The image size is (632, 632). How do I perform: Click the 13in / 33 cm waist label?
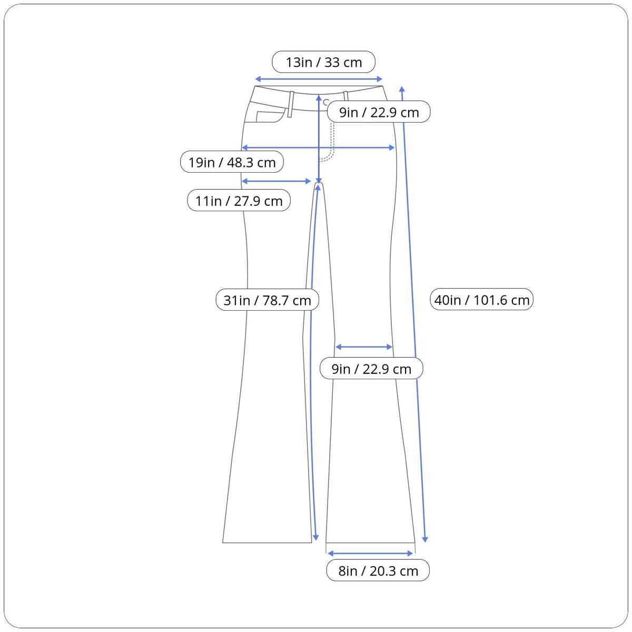[323, 62]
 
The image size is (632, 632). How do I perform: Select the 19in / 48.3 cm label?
[232, 162]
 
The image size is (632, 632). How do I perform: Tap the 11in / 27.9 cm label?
[239, 200]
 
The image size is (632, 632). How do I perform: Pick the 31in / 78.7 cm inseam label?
[267, 300]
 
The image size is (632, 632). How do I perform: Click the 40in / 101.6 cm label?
[481, 300]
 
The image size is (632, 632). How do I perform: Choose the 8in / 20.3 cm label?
[378, 571]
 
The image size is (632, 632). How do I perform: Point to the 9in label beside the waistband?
[379, 112]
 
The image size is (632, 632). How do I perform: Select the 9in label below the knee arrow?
[371, 369]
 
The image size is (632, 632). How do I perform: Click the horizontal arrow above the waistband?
[319, 78]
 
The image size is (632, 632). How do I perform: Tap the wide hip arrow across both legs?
[318, 147]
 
